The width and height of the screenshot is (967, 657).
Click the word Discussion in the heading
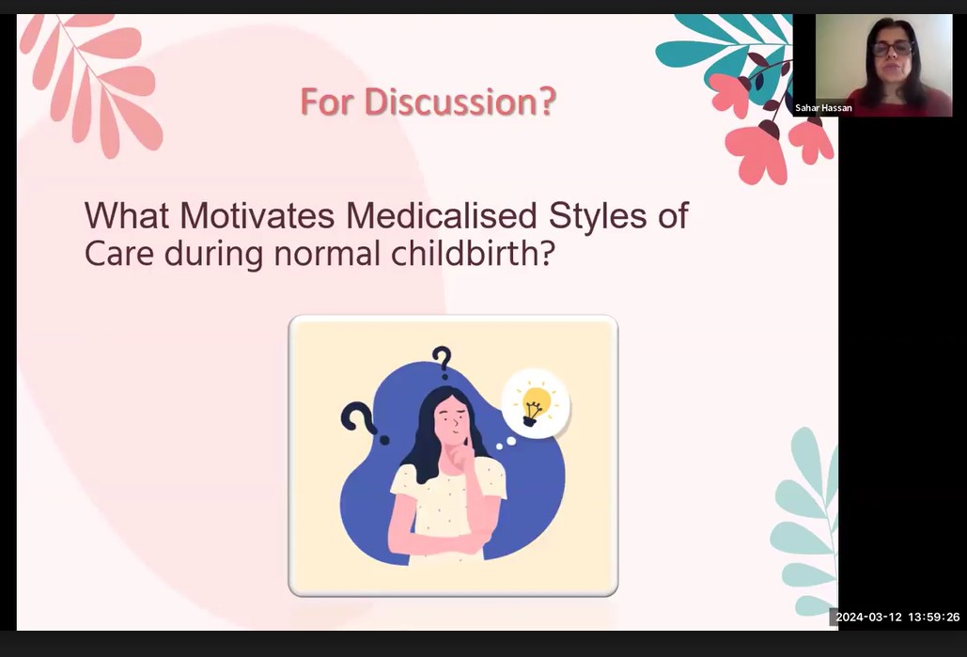coord(460,102)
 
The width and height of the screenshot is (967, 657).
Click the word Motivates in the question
coord(257,216)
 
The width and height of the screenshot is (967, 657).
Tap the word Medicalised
coord(442,216)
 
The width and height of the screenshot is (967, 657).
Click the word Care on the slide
coord(119,254)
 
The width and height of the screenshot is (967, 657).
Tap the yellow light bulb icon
coord(534,405)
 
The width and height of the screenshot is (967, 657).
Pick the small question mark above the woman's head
coord(442,362)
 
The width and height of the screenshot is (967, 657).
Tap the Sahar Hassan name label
coord(823,108)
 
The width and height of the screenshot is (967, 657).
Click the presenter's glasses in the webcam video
coord(892,48)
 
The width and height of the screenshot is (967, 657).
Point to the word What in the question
coord(127,216)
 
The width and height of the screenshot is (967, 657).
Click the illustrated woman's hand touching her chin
coord(461,456)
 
